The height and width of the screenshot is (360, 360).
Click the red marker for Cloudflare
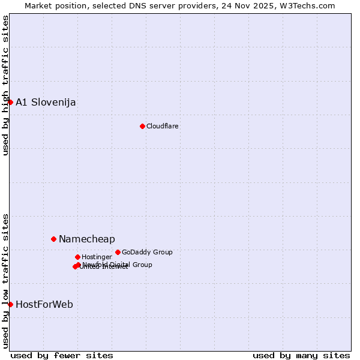point(142,126)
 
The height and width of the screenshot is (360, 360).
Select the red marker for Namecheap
point(53,239)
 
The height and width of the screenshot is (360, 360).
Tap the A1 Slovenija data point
point(10,102)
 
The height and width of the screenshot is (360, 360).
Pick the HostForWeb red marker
point(10,304)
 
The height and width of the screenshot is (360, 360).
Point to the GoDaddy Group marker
point(118,252)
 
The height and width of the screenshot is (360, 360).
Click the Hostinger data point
point(77,257)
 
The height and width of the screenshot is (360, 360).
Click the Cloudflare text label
point(163,126)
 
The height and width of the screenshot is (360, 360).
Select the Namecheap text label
point(87,239)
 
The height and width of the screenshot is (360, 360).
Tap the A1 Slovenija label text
point(46,102)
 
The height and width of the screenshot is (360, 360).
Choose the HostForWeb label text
point(44,304)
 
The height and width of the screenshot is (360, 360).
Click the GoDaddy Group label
point(147,252)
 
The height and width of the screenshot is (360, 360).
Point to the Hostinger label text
point(97,257)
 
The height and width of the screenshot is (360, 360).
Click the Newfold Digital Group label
point(118,265)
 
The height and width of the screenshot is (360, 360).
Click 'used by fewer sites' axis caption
point(62,355)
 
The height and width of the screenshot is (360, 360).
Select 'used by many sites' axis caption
point(301,355)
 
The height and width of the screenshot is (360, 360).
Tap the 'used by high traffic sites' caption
point(5,85)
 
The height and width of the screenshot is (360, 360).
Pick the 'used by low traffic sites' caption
point(5,280)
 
